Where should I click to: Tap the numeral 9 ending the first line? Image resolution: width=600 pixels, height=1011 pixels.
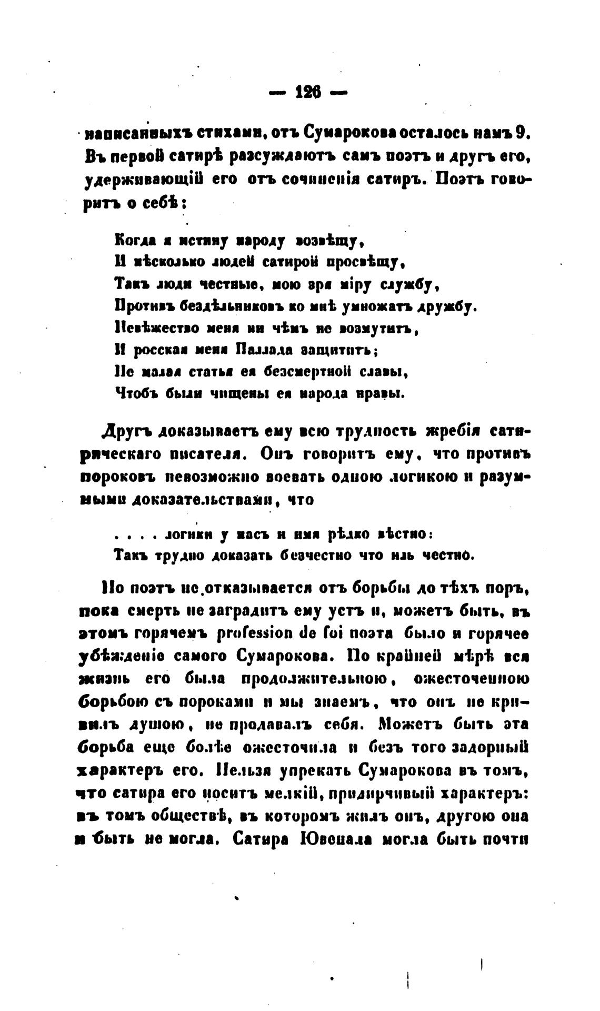pos(522,134)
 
